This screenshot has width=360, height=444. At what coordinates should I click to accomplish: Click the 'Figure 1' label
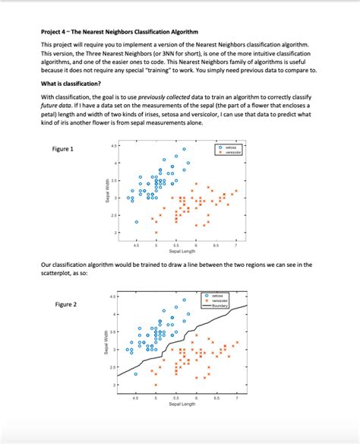(62, 148)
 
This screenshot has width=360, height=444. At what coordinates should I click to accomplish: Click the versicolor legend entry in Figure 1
(227, 152)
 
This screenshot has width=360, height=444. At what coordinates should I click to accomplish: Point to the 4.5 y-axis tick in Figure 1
(113, 145)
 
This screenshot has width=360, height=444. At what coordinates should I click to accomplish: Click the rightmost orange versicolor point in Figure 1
(236, 191)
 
